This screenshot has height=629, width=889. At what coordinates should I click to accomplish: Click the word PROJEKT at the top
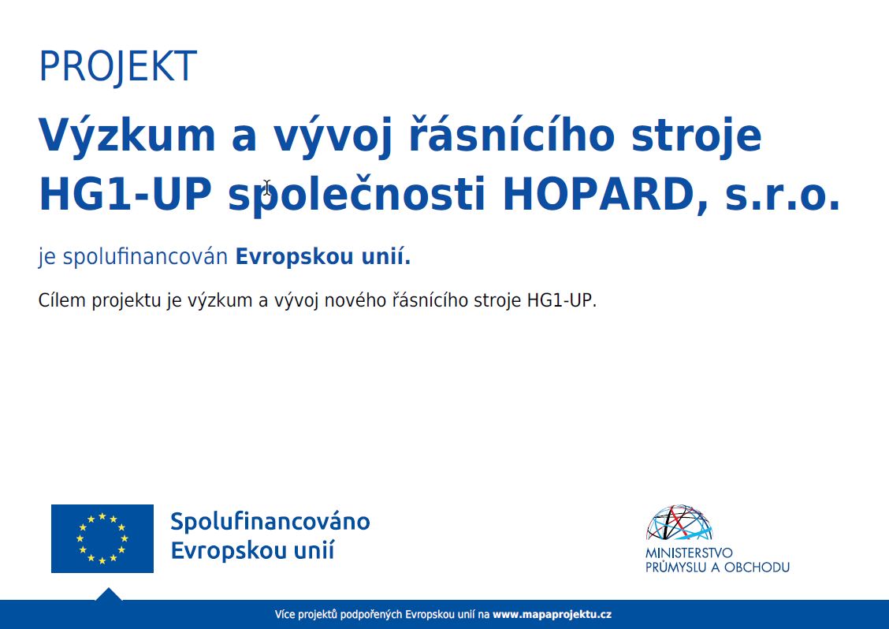tap(118, 66)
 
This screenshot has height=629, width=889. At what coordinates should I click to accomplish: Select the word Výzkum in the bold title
tap(126, 134)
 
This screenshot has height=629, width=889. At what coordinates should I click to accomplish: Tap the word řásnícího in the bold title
tap(512, 134)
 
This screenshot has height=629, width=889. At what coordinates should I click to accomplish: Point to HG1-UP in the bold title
tap(125, 195)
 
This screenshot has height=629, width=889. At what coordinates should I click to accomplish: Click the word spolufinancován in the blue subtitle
tap(145, 257)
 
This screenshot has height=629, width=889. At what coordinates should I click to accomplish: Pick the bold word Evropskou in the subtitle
tap(295, 257)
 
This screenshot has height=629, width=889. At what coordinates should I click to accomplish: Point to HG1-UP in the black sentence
tap(562, 300)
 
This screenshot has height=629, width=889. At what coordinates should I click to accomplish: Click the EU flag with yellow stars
tap(102, 538)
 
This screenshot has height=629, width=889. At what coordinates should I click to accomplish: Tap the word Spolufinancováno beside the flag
tap(270, 521)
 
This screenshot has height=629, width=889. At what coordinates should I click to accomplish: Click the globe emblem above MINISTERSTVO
tap(679, 523)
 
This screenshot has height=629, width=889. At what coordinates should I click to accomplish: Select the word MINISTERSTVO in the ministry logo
tap(689, 553)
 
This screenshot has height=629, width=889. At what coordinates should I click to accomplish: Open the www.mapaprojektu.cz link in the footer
tap(552, 614)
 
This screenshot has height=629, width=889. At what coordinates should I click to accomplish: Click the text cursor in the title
tap(267, 188)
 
